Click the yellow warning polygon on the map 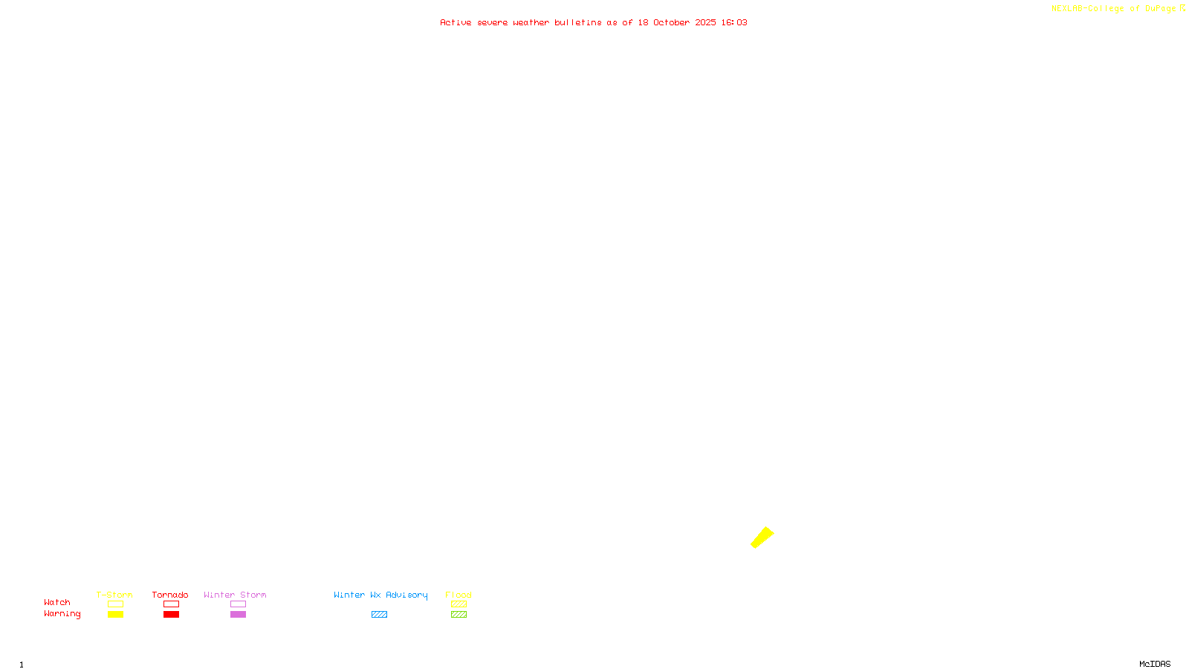pos(762,537)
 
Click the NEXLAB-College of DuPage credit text pos(1113,9)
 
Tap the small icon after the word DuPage pos(1182,8)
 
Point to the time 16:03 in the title pos(734,22)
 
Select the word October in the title pos(671,22)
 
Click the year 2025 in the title pos(706,22)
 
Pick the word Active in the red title pos(456,22)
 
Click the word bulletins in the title pos(578,22)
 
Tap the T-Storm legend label pos(114,595)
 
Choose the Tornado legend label pos(170,595)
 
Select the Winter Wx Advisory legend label pos(380,595)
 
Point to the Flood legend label pos(459,595)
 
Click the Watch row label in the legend pos(57,602)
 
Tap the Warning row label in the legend pos(62,614)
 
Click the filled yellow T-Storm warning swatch pos(115,615)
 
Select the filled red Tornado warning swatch pos(171,615)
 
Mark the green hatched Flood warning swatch pos(459,615)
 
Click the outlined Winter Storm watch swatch pos(238,604)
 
